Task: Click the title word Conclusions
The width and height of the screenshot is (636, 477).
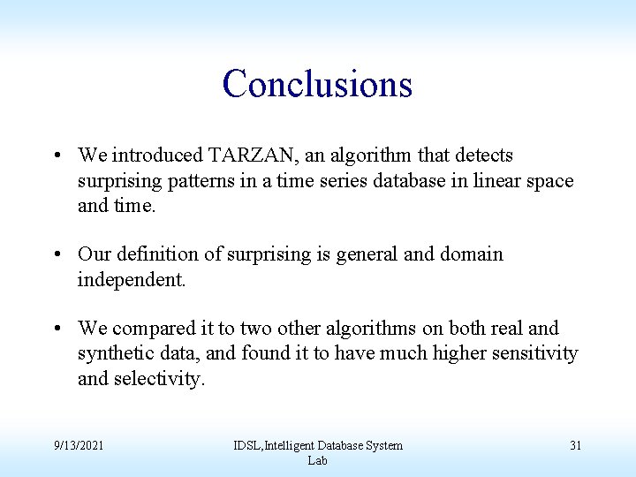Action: click(x=317, y=84)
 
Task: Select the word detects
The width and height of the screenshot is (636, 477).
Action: click(x=484, y=155)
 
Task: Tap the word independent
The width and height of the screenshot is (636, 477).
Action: click(x=132, y=280)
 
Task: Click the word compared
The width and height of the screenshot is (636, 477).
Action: click(x=157, y=329)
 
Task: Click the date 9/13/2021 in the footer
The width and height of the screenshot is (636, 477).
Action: click(x=78, y=445)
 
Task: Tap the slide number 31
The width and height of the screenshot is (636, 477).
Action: click(x=575, y=445)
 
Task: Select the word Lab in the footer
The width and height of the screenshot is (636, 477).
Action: click(x=317, y=460)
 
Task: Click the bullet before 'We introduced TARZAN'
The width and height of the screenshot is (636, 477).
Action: click(x=57, y=156)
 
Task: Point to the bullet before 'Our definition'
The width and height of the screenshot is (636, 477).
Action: click(x=57, y=255)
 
